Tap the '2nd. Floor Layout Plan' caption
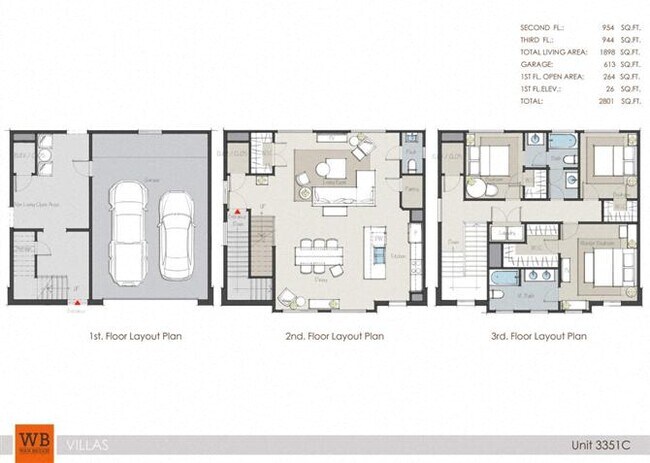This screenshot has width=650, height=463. click(327, 337)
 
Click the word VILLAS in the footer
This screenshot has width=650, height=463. click(88, 442)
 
